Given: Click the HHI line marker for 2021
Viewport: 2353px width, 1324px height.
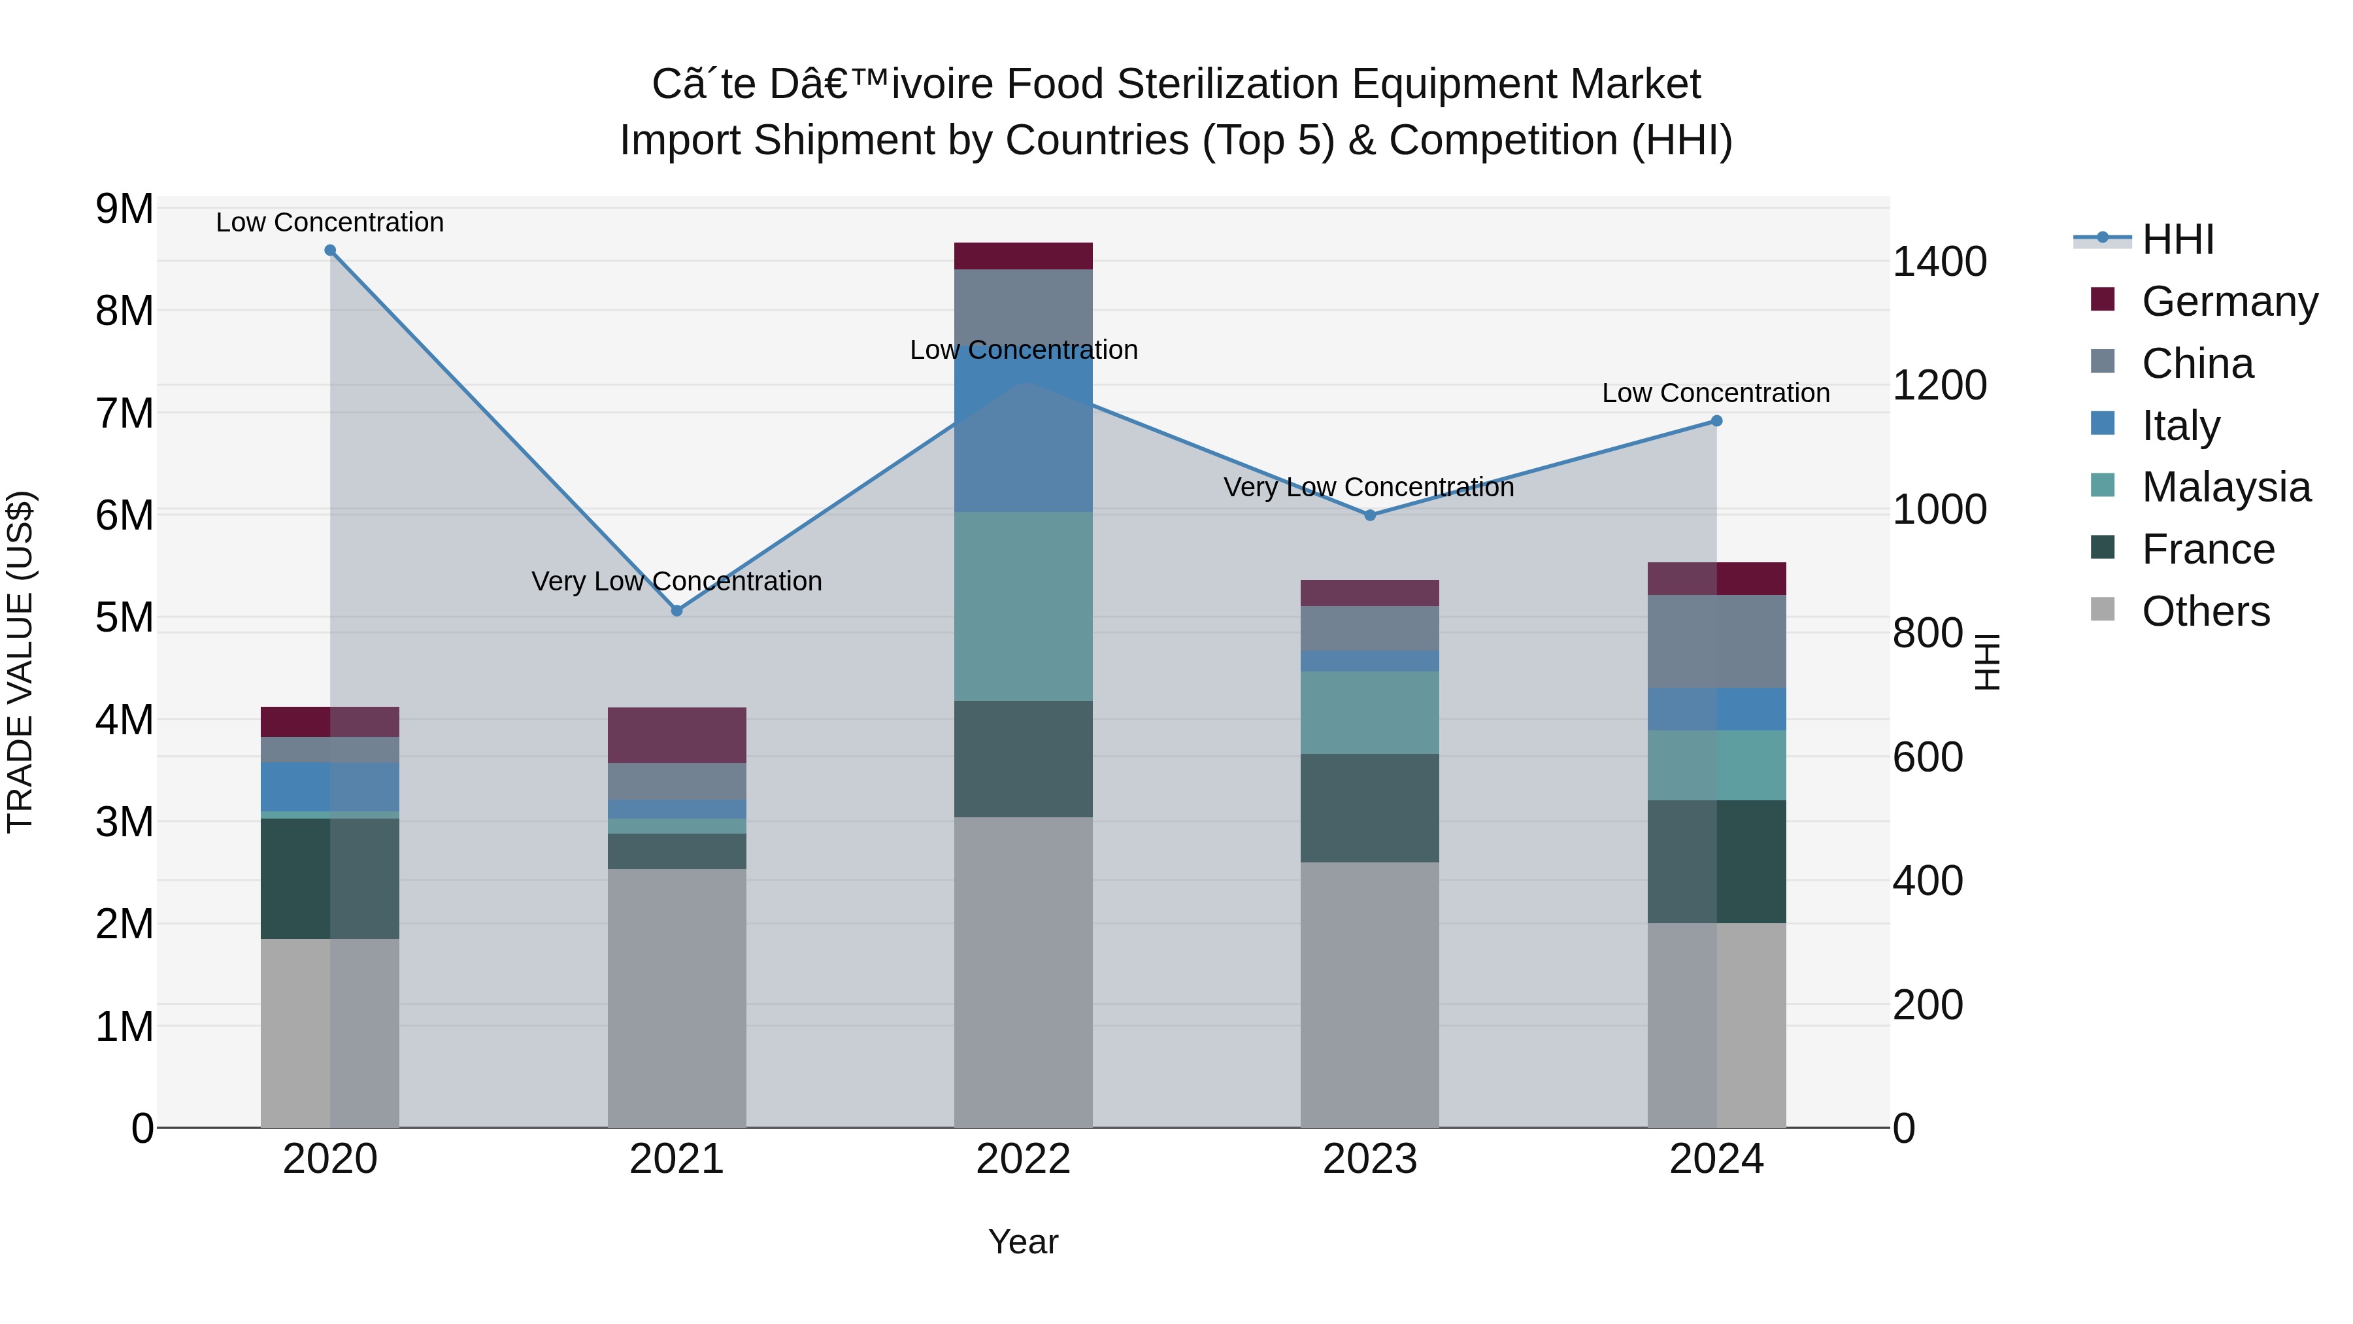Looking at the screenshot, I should tap(677, 611).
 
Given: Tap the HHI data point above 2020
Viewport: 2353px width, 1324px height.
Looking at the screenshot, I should tap(331, 250).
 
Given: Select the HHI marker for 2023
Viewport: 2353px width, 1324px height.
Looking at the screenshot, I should tap(1369, 515).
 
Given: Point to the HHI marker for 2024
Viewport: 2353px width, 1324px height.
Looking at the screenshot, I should tap(1716, 421).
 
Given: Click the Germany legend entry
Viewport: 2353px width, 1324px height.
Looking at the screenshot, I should tap(2229, 301).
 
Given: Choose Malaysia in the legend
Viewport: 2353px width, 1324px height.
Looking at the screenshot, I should tap(2225, 487).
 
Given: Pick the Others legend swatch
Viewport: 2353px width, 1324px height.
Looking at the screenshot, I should tap(2103, 609).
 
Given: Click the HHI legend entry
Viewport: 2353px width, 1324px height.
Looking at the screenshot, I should tap(2178, 239).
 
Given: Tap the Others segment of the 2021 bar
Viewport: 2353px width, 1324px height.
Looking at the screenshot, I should tap(677, 998).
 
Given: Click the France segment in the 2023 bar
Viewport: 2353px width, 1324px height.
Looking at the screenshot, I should tap(1369, 807).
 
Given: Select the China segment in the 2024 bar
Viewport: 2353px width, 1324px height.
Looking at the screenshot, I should tap(1716, 641).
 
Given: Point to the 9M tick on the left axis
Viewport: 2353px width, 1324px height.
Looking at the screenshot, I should tap(124, 209).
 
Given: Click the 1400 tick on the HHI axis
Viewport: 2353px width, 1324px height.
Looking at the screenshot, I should tap(1939, 262).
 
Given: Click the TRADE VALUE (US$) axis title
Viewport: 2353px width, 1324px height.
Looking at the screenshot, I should tap(20, 662).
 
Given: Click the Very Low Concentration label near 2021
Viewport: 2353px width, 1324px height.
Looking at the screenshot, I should tap(677, 581).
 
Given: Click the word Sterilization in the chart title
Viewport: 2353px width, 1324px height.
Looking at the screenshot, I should tap(1229, 84).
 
